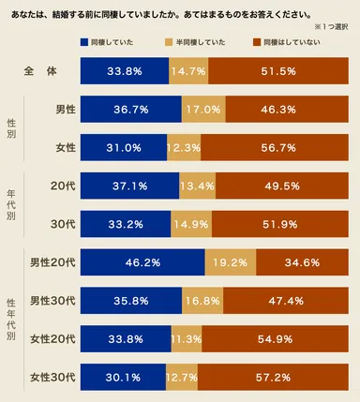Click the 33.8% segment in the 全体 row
click(x=125, y=72)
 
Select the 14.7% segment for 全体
click(x=188, y=72)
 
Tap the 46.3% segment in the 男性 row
click(x=280, y=110)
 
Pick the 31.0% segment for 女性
click(x=123, y=147)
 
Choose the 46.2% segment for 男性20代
click(x=142, y=263)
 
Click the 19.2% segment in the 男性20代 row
click(x=230, y=263)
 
